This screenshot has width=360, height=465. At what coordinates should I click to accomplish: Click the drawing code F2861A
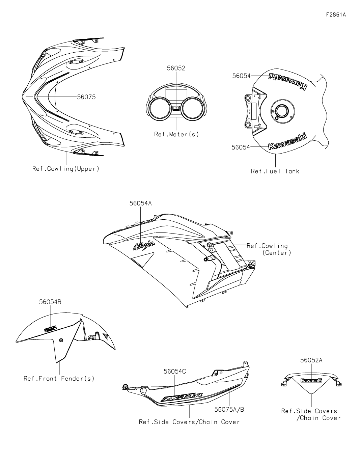coord(336,15)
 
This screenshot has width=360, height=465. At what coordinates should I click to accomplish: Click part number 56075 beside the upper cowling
coord(86,97)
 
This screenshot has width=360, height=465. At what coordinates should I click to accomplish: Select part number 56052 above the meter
coord(176,68)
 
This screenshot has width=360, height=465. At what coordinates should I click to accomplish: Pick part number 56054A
coord(141,203)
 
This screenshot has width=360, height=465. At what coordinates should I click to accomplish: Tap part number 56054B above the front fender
coord(50,302)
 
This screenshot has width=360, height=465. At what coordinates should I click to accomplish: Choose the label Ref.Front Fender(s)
coord(59,378)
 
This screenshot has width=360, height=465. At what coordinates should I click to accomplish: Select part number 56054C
coord(175,371)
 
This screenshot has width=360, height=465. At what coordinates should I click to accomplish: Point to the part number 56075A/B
coord(229,409)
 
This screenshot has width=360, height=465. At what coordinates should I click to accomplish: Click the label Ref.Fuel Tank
coord(275,171)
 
